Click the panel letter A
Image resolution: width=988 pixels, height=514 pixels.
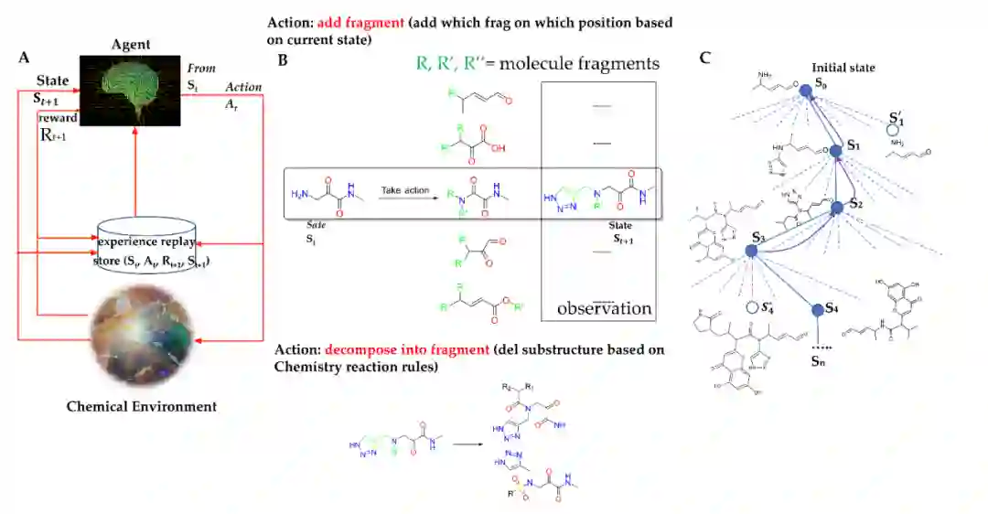[x=24, y=58]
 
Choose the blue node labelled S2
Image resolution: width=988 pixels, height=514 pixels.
[x=837, y=208]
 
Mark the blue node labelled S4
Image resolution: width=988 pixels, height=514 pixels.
[x=817, y=310]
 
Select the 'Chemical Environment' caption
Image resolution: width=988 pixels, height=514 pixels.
[x=142, y=406]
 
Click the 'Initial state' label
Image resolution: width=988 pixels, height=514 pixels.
[x=843, y=68]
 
